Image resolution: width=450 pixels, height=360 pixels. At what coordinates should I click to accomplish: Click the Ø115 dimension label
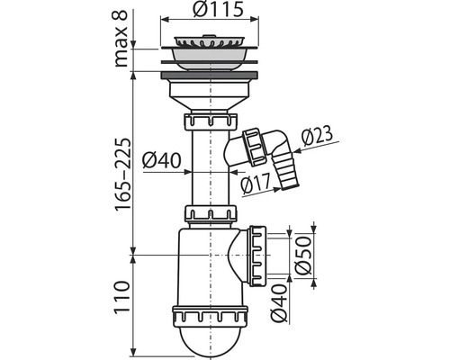pyautogui.click(x=218, y=10)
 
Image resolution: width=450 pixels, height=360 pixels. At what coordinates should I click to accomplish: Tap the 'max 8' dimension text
pyautogui.click(x=121, y=39)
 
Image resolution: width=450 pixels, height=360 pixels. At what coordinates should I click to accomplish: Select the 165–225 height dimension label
pyautogui.click(x=123, y=175)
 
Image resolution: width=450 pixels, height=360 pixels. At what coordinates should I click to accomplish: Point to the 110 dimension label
pyautogui.click(x=121, y=297)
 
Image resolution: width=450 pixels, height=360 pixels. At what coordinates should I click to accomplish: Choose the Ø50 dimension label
pyautogui.click(x=302, y=256)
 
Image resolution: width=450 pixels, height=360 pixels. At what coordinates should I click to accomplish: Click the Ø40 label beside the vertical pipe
pyautogui.click(x=162, y=160)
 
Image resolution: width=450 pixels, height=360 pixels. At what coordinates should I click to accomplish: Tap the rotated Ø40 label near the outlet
pyautogui.click(x=279, y=303)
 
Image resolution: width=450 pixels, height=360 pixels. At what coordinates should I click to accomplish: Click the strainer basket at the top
pyautogui.click(x=210, y=42)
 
